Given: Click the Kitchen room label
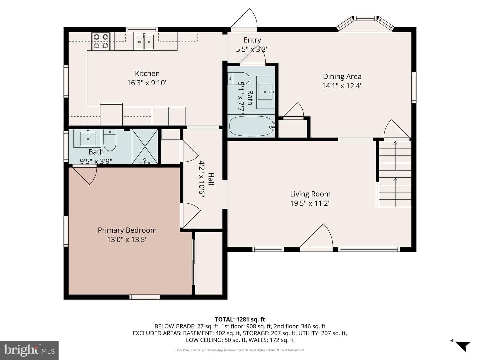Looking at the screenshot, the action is click(x=147, y=73).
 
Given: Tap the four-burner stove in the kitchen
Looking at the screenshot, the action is click(x=101, y=41).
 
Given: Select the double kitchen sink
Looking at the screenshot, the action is click(x=144, y=42).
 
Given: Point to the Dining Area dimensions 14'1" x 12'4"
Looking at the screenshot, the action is click(x=342, y=86).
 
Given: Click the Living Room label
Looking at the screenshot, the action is click(x=310, y=194).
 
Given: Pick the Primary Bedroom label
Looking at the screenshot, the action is click(x=127, y=230).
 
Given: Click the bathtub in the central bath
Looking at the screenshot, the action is click(x=252, y=126).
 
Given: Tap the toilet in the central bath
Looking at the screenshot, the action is click(x=238, y=78).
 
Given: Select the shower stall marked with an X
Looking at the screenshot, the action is click(x=145, y=146).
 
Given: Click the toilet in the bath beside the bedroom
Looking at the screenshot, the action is click(x=110, y=140).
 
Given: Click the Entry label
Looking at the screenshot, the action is click(x=252, y=40).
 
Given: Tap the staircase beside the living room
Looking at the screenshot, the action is click(x=394, y=174).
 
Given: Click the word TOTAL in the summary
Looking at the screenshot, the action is click(x=224, y=319).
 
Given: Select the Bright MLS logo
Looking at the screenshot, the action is click(x=29, y=350).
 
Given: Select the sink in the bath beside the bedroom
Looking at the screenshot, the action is click(x=88, y=139).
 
